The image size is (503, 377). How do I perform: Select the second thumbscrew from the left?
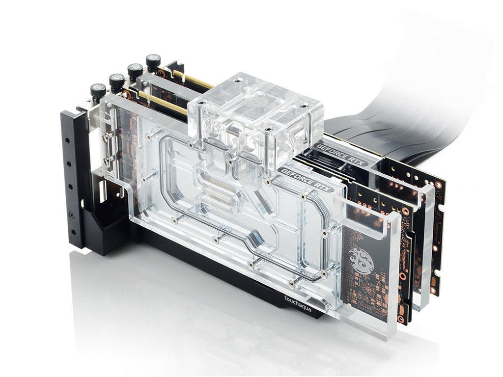click(x=117, y=81)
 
